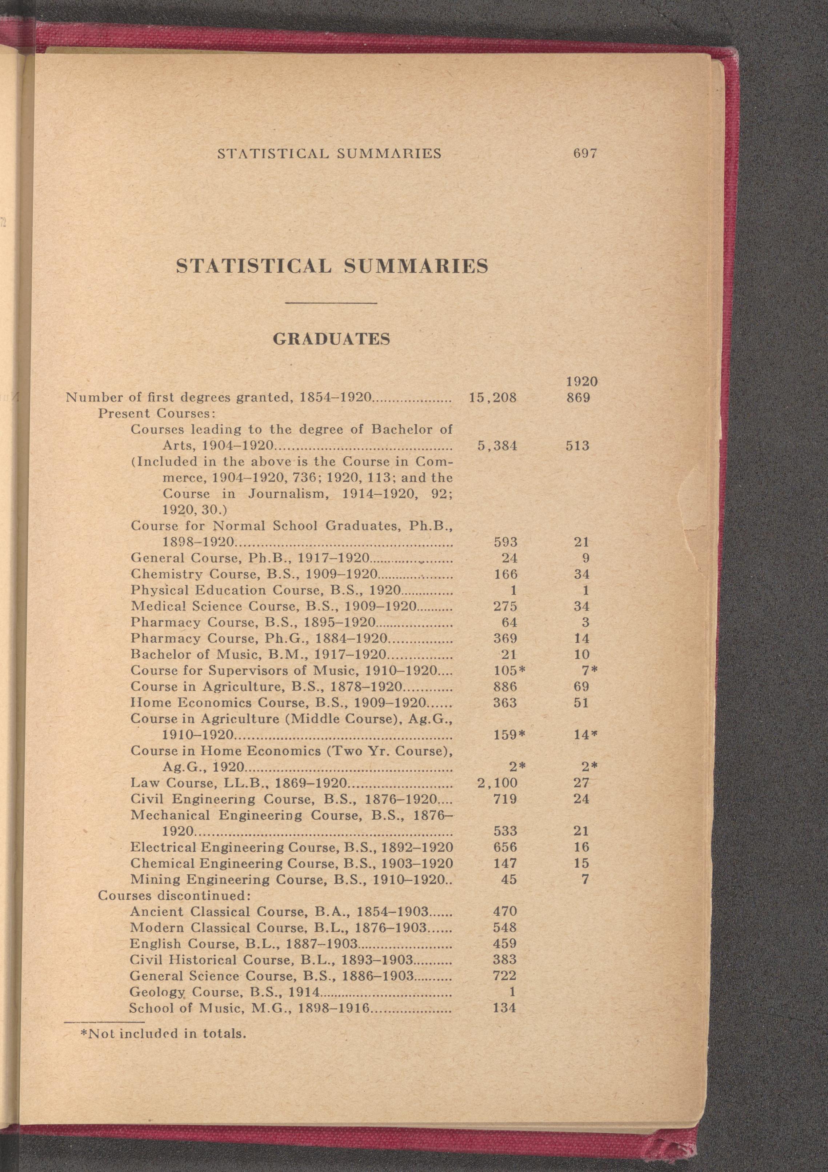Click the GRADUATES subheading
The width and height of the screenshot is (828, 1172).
pyautogui.click(x=332, y=339)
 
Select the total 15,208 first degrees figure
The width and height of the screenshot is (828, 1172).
pyautogui.click(x=493, y=398)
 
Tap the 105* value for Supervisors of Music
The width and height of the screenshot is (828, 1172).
pyautogui.click(x=509, y=670)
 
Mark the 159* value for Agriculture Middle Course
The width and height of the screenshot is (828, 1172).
pyautogui.click(x=509, y=735)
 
